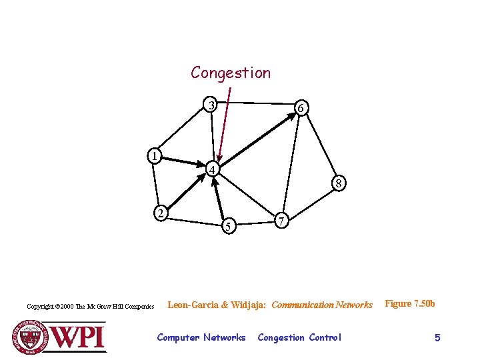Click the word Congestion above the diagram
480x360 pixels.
click(231, 73)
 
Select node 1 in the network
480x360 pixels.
click(154, 157)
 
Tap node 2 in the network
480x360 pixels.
click(160, 213)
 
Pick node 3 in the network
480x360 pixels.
click(211, 105)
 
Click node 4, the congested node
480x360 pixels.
click(211, 170)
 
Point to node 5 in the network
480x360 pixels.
click(228, 227)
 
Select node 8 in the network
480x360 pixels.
click(339, 183)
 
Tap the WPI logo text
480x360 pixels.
click(79, 336)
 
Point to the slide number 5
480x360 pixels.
click(437, 338)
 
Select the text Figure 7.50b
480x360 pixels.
click(410, 304)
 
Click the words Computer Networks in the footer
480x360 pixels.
click(201, 338)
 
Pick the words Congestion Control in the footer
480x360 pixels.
click(299, 338)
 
